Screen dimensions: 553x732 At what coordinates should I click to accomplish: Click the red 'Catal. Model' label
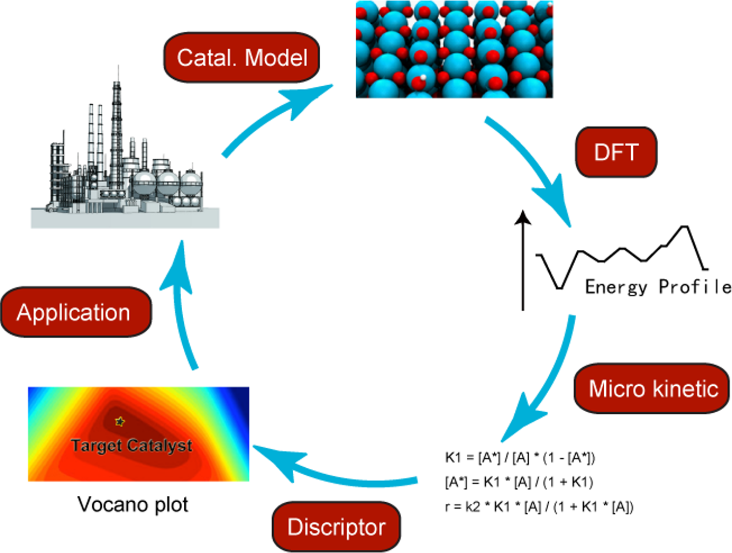tap(241, 58)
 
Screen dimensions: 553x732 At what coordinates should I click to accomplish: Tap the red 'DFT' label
tap(616, 152)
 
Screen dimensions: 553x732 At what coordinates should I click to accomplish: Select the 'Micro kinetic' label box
tap(652, 388)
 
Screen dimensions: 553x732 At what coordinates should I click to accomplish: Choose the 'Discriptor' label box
tap(336, 527)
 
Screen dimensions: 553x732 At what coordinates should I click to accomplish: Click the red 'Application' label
tap(75, 312)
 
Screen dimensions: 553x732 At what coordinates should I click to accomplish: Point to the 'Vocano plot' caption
tap(133, 504)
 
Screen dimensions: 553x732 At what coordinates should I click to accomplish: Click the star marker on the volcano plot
tap(120, 421)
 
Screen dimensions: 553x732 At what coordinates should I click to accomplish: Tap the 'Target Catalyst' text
tap(132, 446)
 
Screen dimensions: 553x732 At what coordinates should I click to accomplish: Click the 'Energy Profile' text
tap(658, 286)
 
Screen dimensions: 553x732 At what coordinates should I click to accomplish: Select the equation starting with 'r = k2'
tap(539, 507)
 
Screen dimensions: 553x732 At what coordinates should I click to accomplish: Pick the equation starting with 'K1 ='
tap(520, 458)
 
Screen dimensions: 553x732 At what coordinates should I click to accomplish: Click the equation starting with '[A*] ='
tap(519, 482)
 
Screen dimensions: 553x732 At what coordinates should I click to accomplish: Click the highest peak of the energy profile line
tap(685, 227)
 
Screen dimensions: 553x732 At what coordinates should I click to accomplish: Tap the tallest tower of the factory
tap(116, 124)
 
